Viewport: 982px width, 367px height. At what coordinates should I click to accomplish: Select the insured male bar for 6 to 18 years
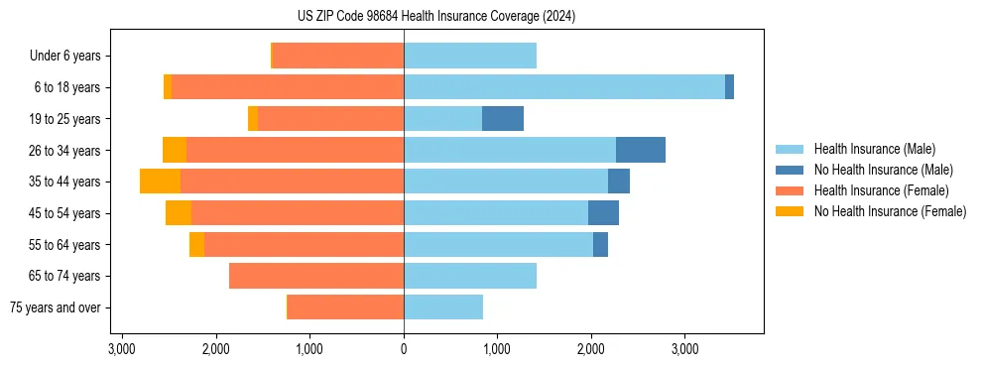pyautogui.click(x=564, y=87)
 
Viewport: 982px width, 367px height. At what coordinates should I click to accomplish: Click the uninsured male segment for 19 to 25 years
pyautogui.click(x=503, y=119)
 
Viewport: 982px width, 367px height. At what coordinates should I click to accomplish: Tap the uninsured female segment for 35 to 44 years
pyautogui.click(x=160, y=182)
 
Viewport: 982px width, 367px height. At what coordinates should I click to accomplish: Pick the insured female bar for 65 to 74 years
pyautogui.click(x=316, y=276)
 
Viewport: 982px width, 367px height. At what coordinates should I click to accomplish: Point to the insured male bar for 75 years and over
pyautogui.click(x=443, y=307)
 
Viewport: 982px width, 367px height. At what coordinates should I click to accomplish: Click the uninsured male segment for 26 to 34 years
pyautogui.click(x=641, y=150)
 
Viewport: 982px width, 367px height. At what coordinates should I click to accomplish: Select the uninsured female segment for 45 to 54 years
pyautogui.click(x=179, y=213)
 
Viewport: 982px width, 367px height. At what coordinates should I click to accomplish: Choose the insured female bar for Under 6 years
pyautogui.click(x=337, y=56)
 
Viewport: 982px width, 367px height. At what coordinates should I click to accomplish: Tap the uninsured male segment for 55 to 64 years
pyautogui.click(x=600, y=245)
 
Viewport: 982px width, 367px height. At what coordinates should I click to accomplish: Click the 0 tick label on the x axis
pyautogui.click(x=404, y=349)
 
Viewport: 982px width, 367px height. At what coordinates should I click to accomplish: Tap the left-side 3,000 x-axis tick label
pyautogui.click(x=122, y=349)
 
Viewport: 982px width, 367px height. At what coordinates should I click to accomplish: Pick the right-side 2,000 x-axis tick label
pyautogui.click(x=591, y=349)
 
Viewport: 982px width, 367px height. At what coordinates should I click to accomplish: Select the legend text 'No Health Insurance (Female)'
pyautogui.click(x=890, y=211)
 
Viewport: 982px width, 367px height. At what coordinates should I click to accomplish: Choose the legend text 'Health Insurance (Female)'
pyautogui.click(x=882, y=190)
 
